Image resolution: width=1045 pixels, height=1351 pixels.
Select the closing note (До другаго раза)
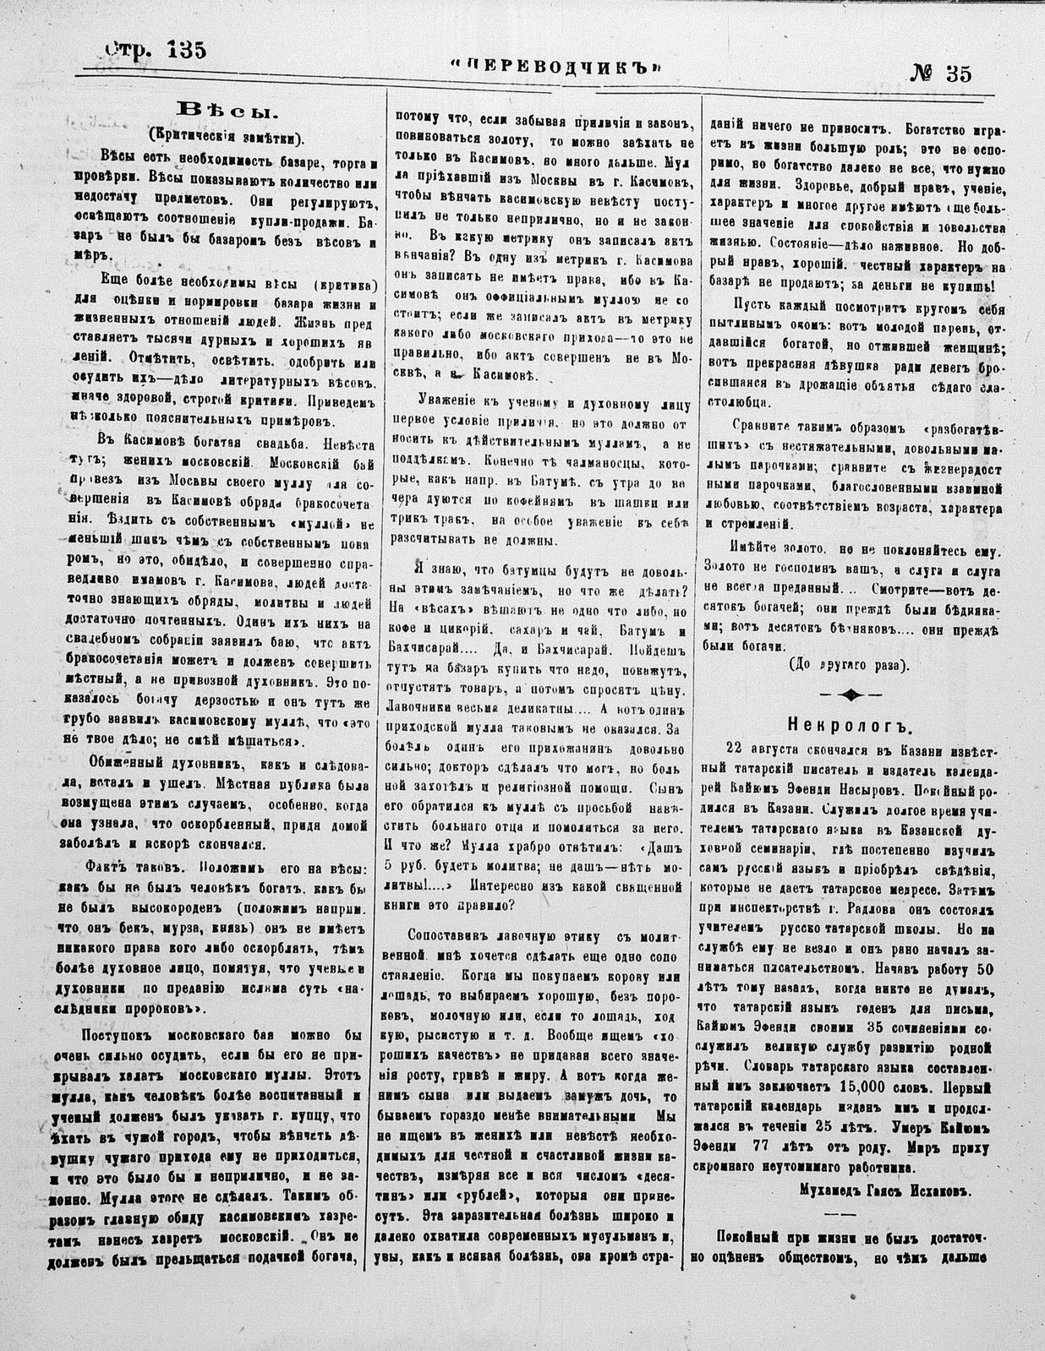click(x=848, y=664)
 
